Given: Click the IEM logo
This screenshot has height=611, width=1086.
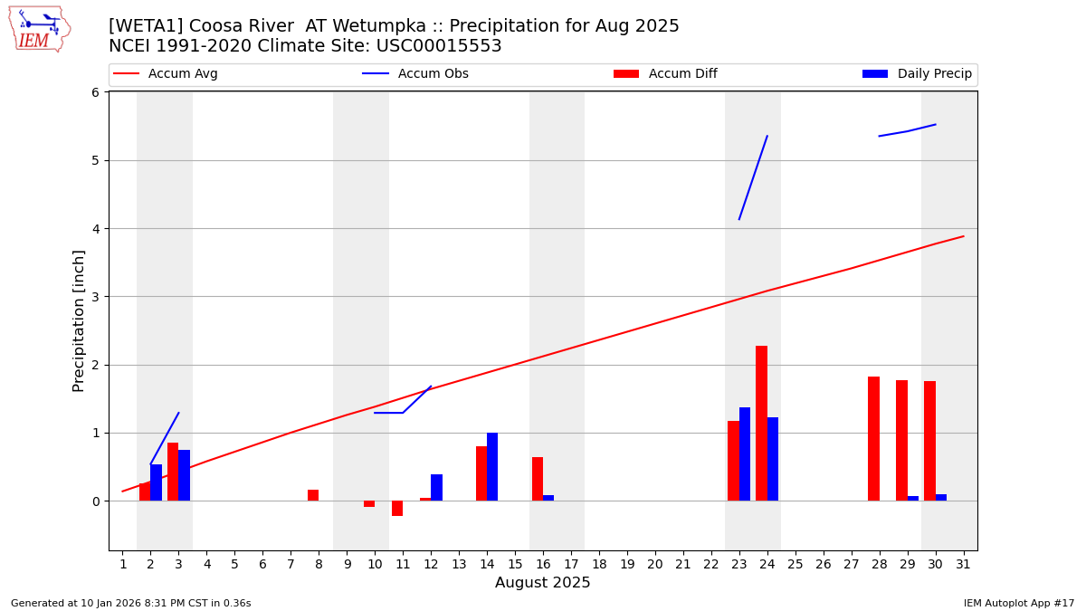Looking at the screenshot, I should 39,29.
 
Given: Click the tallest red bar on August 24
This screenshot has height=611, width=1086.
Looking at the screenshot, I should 761,424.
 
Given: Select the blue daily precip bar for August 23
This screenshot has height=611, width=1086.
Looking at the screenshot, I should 745,454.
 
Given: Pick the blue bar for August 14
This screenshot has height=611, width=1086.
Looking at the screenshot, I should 492,467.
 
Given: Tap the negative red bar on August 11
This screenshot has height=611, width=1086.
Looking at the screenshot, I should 397,509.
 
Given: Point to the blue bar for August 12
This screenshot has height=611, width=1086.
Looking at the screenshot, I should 436,488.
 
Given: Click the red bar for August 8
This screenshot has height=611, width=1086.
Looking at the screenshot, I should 313,495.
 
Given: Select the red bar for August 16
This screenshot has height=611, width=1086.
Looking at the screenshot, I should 538,479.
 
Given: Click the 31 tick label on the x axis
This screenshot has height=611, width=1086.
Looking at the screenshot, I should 963,565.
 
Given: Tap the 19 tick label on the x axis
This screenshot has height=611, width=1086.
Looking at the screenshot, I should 627,565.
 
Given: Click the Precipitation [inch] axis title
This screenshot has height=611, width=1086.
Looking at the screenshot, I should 80,320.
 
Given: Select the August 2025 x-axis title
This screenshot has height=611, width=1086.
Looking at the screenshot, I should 542,583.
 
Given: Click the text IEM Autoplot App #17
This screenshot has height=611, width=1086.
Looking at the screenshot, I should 1018,603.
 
